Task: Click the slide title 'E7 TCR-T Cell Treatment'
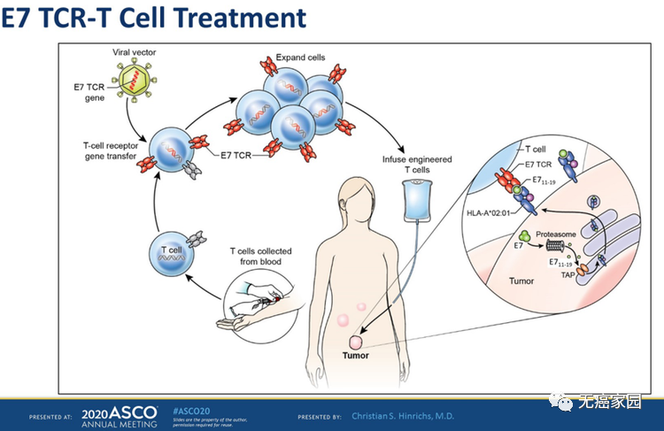pyautogui.click(x=154, y=17)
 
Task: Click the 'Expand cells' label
pyautogui.click(x=302, y=58)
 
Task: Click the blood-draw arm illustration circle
pyautogui.click(x=257, y=301)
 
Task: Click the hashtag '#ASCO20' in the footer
pyautogui.click(x=192, y=411)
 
